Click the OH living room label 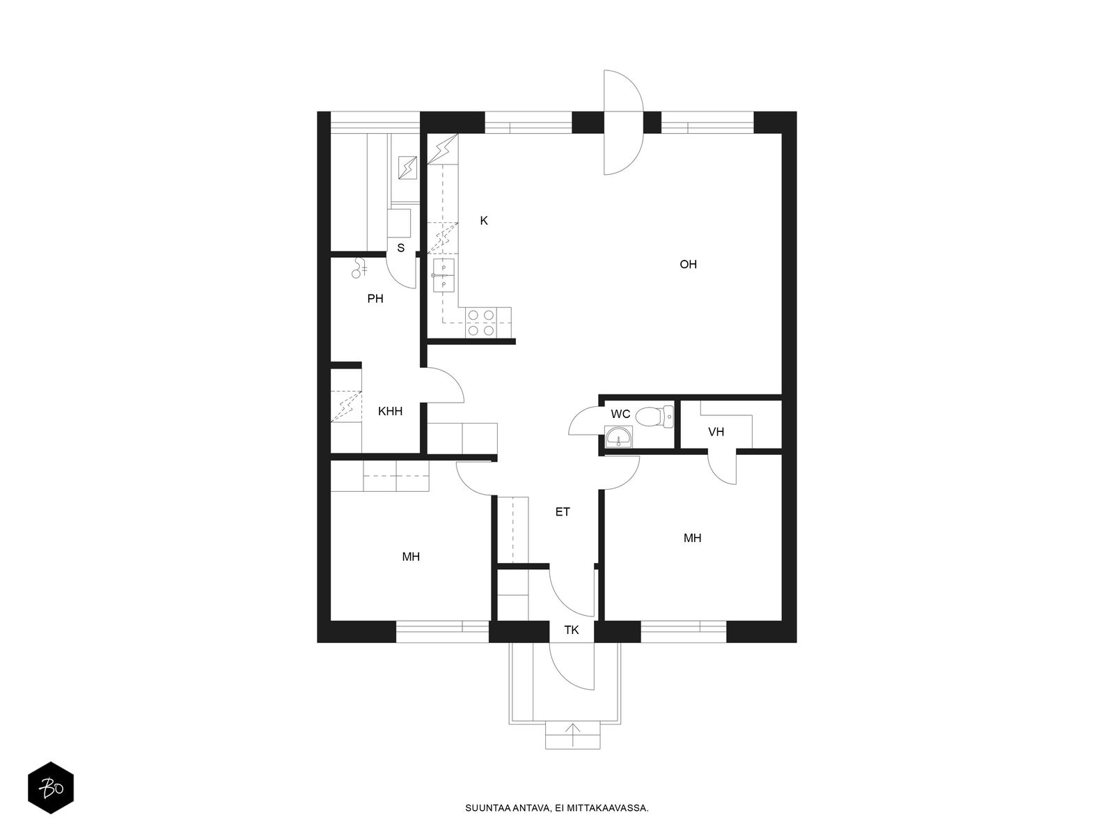point(688,265)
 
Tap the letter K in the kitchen point(484,221)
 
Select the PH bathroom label point(375,299)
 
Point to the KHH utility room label point(390,412)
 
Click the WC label point(620,415)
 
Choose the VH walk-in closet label point(716,432)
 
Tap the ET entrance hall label point(563,512)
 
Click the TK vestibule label point(572,630)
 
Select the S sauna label point(400,248)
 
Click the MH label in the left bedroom point(411,557)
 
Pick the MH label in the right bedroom point(692,538)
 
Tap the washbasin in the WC point(619,437)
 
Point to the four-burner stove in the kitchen point(481,323)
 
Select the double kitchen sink point(444,276)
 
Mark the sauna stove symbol point(407,168)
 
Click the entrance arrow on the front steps point(572,734)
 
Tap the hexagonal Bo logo point(51,788)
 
